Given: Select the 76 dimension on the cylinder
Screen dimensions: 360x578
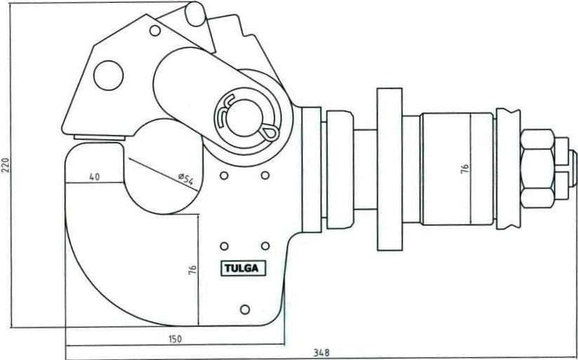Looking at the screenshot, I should (465, 169).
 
